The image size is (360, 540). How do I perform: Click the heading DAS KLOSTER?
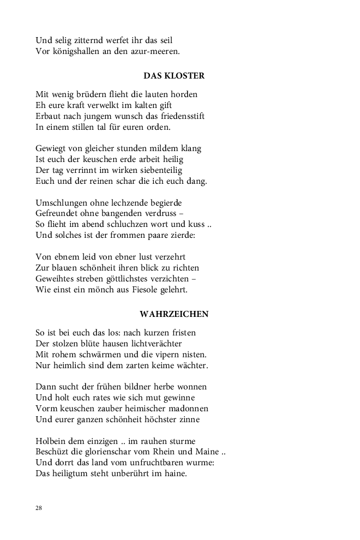(174, 76)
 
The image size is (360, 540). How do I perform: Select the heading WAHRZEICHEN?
(174, 314)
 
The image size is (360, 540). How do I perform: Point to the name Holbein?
(52, 441)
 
